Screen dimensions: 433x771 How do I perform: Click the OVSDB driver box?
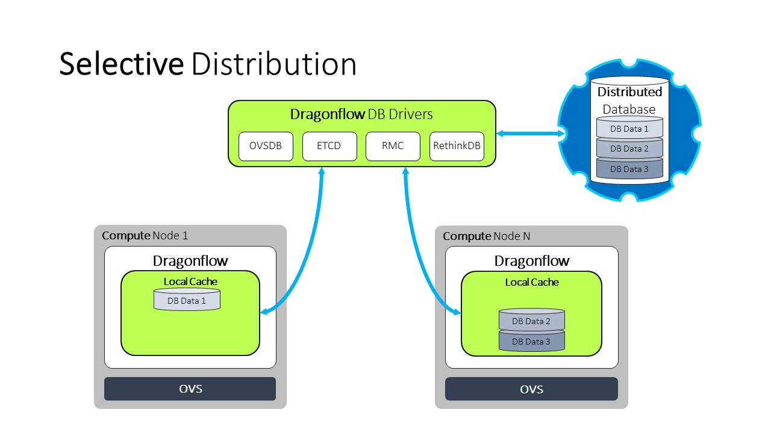(x=266, y=146)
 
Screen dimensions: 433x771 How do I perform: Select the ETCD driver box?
(x=329, y=146)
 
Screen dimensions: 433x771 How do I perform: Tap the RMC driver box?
(x=393, y=146)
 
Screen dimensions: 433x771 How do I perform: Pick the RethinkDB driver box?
(x=457, y=146)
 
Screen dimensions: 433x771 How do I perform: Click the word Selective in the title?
(x=121, y=64)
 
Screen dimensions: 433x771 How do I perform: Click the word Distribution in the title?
(x=274, y=64)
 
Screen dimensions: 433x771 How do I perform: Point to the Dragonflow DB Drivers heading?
(x=361, y=114)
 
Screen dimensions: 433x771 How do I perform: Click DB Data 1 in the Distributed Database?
(x=629, y=129)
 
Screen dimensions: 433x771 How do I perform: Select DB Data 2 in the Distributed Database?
(x=629, y=149)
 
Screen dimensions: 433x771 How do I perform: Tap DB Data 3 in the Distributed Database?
(x=629, y=169)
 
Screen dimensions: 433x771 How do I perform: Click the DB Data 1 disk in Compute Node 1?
(x=187, y=301)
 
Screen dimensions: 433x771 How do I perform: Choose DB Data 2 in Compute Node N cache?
(x=531, y=321)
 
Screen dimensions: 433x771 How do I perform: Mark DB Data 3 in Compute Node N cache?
(x=531, y=342)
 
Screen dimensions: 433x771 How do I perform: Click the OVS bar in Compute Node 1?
(x=190, y=388)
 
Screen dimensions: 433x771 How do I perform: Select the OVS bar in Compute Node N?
(x=531, y=389)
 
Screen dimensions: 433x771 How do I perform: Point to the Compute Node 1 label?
(x=145, y=236)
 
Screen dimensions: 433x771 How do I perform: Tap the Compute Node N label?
(x=487, y=236)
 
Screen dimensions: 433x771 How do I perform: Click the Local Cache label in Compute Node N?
(x=532, y=282)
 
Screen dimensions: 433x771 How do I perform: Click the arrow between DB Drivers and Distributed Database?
(x=530, y=134)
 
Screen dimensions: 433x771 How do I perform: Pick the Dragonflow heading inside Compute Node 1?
(x=190, y=261)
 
